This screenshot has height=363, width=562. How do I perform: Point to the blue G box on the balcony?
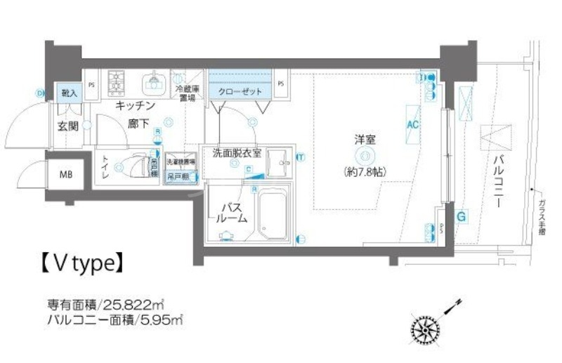pyautogui.click(x=461, y=217)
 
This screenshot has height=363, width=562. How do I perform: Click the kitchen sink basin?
pyautogui.click(x=152, y=84)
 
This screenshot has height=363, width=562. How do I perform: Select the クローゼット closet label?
pyautogui.click(x=240, y=92)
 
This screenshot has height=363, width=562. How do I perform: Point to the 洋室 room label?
pyautogui.click(x=365, y=140)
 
